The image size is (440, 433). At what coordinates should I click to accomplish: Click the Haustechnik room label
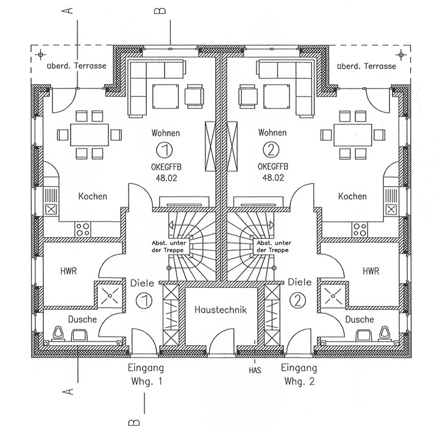pyautogui.click(x=220, y=310)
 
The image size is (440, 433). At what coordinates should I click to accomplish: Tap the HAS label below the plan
pyautogui.click(x=255, y=370)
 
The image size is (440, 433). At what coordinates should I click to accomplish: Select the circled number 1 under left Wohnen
pyautogui.click(x=165, y=149)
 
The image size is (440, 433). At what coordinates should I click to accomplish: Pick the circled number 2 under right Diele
pyautogui.click(x=298, y=301)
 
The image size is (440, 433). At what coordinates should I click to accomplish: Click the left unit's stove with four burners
pyautogui.click(x=83, y=229)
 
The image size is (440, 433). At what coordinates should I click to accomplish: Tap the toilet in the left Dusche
pyautogui.click(x=59, y=334)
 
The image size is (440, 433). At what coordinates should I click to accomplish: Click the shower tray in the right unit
pyautogui.click(x=333, y=296)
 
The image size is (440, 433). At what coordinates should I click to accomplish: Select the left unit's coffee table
pyautogui.click(x=165, y=96)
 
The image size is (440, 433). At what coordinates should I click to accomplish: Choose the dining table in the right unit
pyautogui.click(x=353, y=135)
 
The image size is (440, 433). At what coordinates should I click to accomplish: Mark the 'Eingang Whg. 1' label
pyautogui.click(x=146, y=374)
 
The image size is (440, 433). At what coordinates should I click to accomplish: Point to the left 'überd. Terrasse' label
pyautogui.click(x=77, y=66)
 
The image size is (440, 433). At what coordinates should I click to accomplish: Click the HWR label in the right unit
pyautogui.click(x=371, y=271)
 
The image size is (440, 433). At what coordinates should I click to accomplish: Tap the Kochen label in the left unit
pyautogui.click(x=93, y=196)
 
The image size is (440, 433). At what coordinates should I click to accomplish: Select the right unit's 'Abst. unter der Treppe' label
pyautogui.click(x=274, y=246)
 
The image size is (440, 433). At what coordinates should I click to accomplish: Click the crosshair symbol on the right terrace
pyautogui.click(x=401, y=54)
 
